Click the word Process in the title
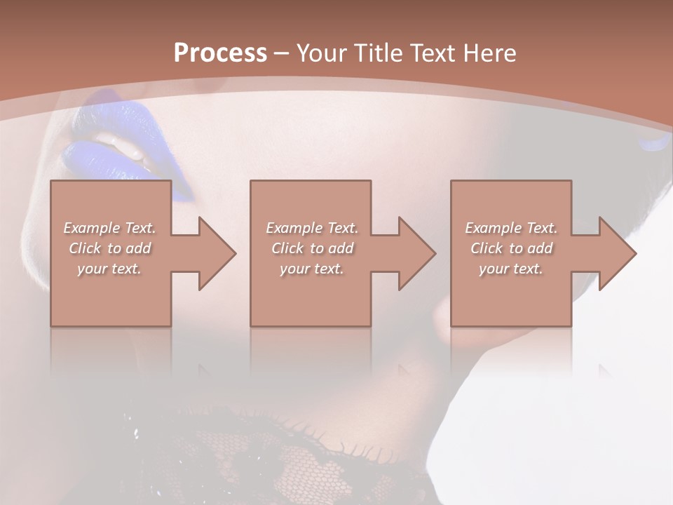pyautogui.click(x=220, y=53)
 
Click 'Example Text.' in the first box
pyautogui.click(x=110, y=228)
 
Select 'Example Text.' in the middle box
pyautogui.click(x=312, y=228)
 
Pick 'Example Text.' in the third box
pyautogui.click(x=511, y=228)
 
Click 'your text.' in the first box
pyautogui.click(x=109, y=269)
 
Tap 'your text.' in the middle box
pyautogui.click(x=311, y=269)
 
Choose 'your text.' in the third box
pyautogui.click(x=511, y=269)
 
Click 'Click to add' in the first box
pyautogui.click(x=110, y=248)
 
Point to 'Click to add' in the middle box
pyautogui.click(x=312, y=248)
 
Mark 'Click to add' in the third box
pyautogui.click(x=511, y=248)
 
